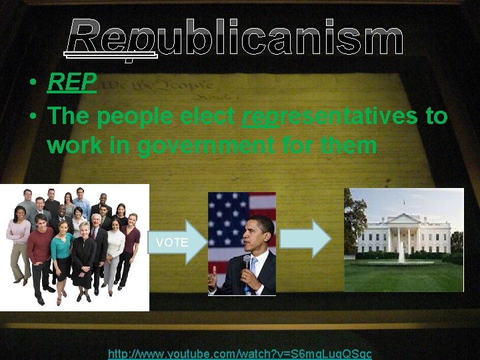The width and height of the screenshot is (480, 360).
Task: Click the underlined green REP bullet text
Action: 72,83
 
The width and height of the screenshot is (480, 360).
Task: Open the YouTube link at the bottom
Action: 239,353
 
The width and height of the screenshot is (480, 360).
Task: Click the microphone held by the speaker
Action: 247,262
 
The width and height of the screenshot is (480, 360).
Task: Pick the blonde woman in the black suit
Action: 84,263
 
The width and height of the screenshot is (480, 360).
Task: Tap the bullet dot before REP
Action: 32,83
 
